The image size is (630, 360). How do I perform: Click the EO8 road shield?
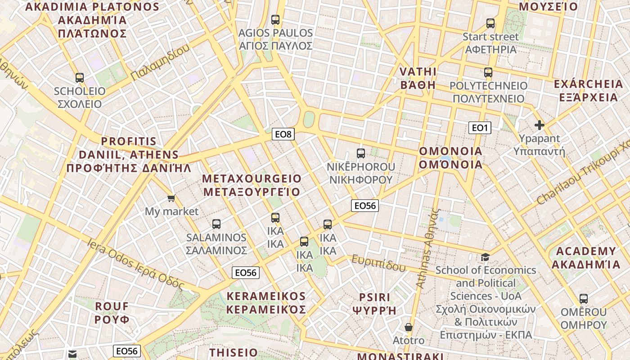tap(283, 134)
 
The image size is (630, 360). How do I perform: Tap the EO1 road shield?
tap(480, 128)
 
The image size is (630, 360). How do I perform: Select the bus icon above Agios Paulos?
tap(275, 20)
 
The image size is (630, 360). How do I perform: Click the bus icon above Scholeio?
tap(80, 78)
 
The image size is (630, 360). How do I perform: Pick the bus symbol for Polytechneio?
tap(488, 72)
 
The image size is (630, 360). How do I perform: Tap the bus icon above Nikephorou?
tap(361, 153)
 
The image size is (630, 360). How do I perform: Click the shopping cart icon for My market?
tap(171, 198)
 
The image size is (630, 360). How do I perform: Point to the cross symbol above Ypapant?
tap(539, 125)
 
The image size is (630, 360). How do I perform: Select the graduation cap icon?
tap(485, 257)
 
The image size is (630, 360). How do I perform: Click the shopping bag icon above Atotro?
tap(409, 327)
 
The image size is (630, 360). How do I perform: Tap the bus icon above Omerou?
tap(584, 299)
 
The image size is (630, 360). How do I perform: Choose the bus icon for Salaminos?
tap(216, 224)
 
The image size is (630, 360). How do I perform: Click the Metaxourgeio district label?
tap(252, 185)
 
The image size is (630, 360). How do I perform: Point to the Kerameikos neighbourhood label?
tap(266, 303)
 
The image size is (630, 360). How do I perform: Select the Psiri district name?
tap(375, 304)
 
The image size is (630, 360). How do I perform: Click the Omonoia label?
tap(450, 157)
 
